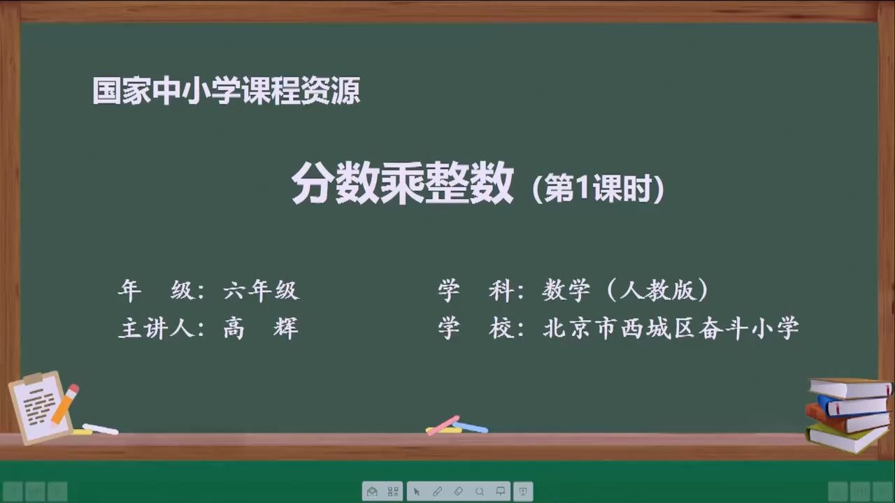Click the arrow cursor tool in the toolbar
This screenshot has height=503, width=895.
click(417, 491)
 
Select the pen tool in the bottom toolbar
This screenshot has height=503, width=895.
click(438, 491)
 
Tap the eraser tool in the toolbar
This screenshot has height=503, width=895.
click(458, 491)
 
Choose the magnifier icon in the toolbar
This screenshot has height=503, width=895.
click(480, 491)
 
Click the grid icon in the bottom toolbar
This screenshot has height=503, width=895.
click(393, 491)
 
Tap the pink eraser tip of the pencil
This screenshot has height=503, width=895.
click(74, 388)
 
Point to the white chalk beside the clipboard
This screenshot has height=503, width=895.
click(100, 429)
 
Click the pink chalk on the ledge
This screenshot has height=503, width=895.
click(443, 425)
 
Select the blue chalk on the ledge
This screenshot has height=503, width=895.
click(471, 427)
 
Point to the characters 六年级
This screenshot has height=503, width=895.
click(262, 290)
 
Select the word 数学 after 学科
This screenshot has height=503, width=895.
click(566, 290)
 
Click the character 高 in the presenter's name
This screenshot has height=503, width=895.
click(234, 328)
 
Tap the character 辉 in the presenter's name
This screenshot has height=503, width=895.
click(286, 328)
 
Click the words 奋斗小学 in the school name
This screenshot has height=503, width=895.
click(749, 328)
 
